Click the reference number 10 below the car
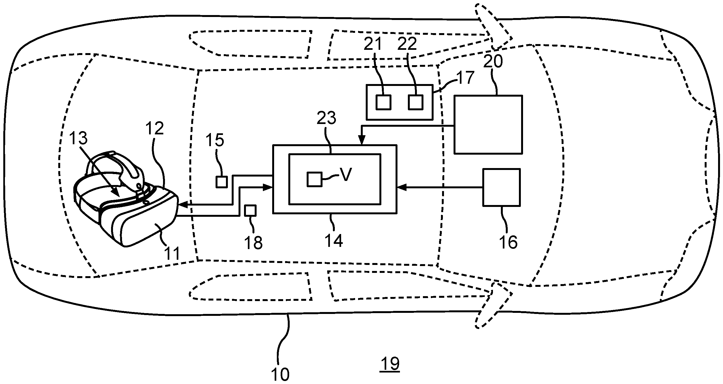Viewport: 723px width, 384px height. [x=280, y=374]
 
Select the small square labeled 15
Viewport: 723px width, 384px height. [x=222, y=182]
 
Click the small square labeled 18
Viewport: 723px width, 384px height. [x=250, y=211]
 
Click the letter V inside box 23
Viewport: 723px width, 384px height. [x=346, y=175]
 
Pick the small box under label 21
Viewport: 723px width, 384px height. [x=384, y=102]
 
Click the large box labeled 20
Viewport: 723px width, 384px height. [x=488, y=125]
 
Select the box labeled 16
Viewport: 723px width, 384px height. [x=501, y=187]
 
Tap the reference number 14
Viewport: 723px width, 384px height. [x=334, y=241]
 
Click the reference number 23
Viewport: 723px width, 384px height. [x=326, y=118]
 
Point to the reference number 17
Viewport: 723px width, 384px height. [x=465, y=77]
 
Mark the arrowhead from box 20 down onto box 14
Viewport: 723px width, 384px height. [x=362, y=140]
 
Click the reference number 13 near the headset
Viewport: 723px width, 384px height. [x=78, y=138]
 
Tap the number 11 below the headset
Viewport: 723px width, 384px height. [x=172, y=254]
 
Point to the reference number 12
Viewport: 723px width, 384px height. [x=155, y=129]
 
